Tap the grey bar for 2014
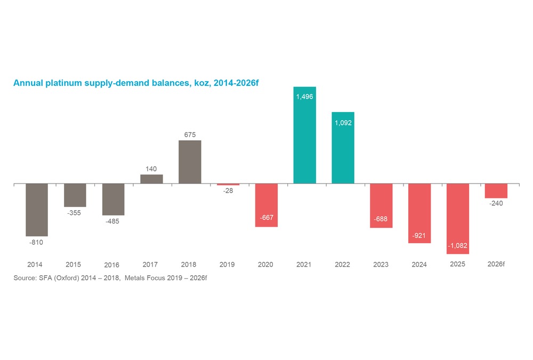(37, 209)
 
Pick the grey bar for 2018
(190, 162)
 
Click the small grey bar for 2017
(151, 179)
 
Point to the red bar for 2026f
(496, 191)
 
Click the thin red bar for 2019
(228, 185)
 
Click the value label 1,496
(304, 97)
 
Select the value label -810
(36, 243)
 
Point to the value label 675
(190, 135)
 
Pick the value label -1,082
(457, 245)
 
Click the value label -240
(496, 204)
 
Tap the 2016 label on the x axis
(112, 265)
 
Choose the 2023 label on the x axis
(381, 265)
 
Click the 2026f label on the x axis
(497, 264)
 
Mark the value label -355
(74, 213)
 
